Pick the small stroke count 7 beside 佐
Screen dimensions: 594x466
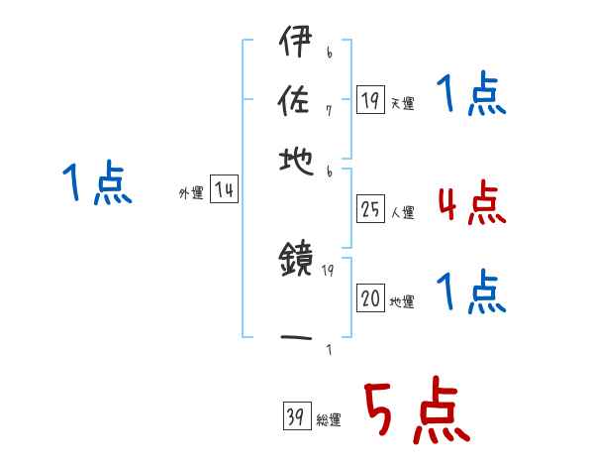pos(329,109)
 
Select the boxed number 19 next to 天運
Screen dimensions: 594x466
pos(370,100)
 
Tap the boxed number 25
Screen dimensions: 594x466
pos(370,210)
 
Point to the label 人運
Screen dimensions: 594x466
pos(403,212)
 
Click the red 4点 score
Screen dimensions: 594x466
pos(470,202)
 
